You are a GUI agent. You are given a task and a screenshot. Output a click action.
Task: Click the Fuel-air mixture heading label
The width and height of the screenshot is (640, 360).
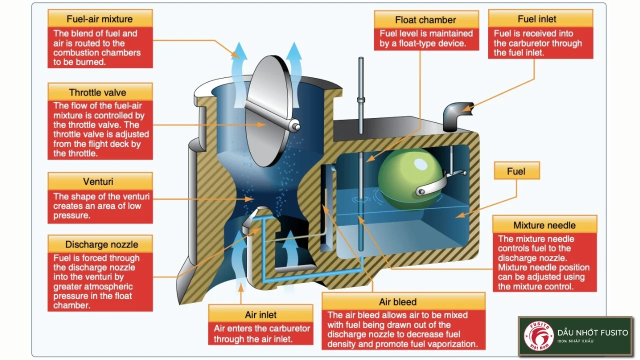99,19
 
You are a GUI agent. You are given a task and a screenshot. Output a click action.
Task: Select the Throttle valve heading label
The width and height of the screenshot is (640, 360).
99,92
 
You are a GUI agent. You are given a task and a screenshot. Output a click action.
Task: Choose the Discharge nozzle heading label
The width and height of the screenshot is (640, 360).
99,244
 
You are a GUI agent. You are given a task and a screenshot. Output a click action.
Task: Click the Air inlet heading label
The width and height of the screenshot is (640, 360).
260,314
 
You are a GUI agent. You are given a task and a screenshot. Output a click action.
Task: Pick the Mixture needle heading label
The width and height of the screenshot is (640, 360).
544,225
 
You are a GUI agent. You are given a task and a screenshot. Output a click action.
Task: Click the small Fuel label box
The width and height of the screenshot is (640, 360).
516,171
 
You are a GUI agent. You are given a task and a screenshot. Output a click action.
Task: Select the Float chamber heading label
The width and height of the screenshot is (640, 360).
425,20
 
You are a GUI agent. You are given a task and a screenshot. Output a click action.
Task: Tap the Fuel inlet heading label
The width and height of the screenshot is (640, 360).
537,19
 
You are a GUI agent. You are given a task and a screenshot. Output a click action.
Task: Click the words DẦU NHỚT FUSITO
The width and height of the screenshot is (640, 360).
592,332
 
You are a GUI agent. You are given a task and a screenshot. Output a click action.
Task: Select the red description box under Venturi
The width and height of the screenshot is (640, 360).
100,206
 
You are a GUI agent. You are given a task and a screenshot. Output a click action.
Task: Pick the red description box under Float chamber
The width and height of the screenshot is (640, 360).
426,38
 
